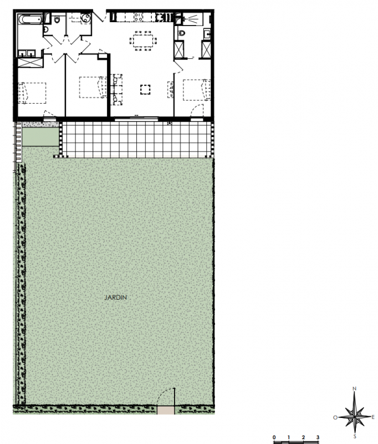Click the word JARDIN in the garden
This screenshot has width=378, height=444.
point(116,297)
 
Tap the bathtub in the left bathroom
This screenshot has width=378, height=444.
point(30,19)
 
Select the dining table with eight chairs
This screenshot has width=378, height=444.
point(143,41)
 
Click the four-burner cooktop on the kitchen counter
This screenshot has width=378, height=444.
point(138,17)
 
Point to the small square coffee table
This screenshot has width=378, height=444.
point(145,89)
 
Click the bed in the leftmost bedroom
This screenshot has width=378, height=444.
point(32,93)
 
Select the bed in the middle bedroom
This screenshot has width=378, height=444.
point(93,87)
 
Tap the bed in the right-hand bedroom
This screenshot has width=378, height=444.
point(197,90)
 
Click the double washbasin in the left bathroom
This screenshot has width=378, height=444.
point(27,53)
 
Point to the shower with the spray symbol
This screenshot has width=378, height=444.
point(192,19)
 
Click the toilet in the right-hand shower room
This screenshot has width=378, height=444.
point(181,33)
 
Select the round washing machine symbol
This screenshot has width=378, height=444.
point(86,19)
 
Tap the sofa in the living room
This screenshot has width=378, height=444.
point(116,89)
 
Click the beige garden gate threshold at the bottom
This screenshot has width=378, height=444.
point(166,410)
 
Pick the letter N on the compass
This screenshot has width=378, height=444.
point(355,389)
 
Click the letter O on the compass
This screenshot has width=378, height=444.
point(335,417)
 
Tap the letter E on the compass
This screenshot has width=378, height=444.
point(373,417)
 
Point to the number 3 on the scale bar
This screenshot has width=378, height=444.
point(318,437)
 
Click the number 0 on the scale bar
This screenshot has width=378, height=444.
point(274,437)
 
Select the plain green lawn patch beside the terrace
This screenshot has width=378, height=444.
point(40,137)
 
